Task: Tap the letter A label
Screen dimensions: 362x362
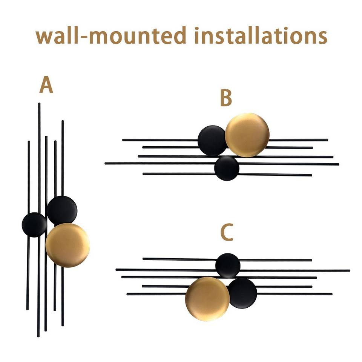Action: (46, 86)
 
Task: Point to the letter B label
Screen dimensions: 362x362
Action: (225, 99)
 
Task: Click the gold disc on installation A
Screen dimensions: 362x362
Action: (67, 245)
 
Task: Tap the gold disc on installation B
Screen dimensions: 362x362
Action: (247, 135)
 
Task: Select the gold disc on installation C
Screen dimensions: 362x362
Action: (207, 299)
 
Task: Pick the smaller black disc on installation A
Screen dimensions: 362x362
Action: (34, 225)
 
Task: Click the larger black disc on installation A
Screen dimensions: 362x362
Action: (62, 210)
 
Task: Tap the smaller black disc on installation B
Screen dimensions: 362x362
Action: (227, 168)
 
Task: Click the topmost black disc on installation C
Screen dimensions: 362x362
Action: (228, 265)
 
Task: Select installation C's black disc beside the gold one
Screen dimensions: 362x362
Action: (242, 293)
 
